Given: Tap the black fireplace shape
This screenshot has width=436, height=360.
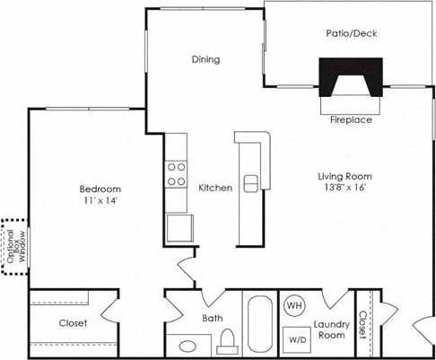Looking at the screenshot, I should pyautogui.click(x=351, y=76).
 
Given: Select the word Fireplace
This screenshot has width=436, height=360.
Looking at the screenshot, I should pyautogui.click(x=351, y=119).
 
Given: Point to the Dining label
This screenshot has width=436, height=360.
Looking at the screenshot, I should pyautogui.click(x=205, y=60).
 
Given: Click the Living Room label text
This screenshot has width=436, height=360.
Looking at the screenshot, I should pyautogui.click(x=344, y=176).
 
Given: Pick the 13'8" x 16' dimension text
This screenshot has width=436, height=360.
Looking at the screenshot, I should pyautogui.click(x=344, y=188).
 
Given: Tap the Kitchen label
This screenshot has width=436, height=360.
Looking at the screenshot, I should pyautogui.click(x=215, y=188).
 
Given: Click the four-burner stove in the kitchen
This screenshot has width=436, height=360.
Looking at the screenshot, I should pyautogui.click(x=177, y=173).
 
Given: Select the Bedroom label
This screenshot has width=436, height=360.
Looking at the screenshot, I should pyautogui.click(x=100, y=189).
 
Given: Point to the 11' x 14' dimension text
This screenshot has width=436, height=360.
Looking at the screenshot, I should pyautogui.click(x=100, y=201).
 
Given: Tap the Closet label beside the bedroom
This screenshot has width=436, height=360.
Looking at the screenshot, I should pyautogui.click(x=74, y=323).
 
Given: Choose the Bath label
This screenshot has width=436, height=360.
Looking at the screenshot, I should pyautogui.click(x=214, y=319).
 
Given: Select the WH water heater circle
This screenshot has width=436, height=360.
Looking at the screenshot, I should pyautogui.click(x=293, y=306).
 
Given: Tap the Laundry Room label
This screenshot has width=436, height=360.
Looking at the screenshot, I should pyautogui.click(x=330, y=329).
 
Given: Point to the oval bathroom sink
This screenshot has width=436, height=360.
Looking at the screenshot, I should pyautogui.click(x=189, y=345).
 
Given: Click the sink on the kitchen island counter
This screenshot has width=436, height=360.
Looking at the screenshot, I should pyautogui.click(x=251, y=182).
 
